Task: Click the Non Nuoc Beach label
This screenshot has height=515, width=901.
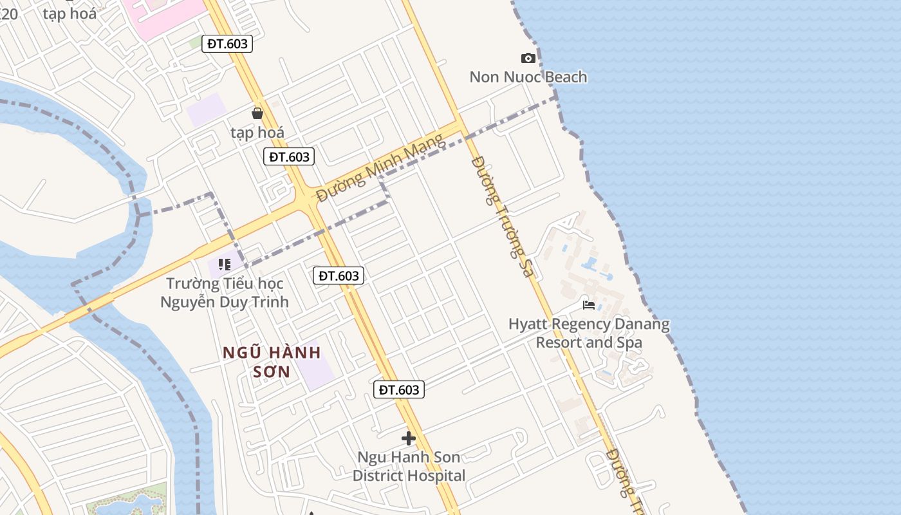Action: coord(528,77)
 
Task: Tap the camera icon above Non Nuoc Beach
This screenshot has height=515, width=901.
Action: coord(528,59)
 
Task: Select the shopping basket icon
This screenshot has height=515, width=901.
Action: coord(257,113)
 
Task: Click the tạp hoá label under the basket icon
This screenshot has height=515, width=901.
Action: coord(257,133)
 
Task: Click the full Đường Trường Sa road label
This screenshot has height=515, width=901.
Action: coord(503,216)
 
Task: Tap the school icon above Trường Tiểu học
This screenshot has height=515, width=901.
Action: coord(225,264)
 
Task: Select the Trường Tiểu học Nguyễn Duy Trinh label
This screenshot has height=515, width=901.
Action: coord(225,292)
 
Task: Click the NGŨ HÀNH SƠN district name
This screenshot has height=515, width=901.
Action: coord(272,362)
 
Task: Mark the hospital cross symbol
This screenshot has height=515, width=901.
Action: coord(408,438)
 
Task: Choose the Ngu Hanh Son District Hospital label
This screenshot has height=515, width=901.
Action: coord(409,467)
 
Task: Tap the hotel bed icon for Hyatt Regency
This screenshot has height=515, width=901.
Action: coord(588,304)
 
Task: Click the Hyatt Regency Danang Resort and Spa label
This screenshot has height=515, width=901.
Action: coord(589,333)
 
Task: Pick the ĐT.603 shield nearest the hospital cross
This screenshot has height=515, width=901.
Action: coord(399,389)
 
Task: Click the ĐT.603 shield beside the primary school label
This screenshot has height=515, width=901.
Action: coord(339,276)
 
